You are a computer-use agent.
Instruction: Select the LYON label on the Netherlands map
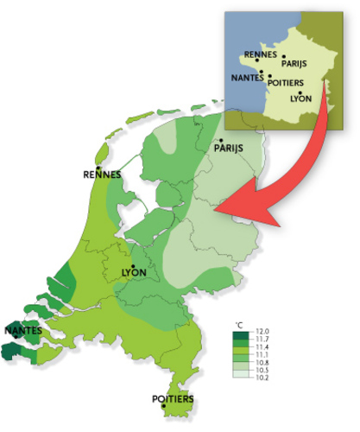tap(135, 274)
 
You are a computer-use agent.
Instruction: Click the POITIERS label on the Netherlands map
tap(173, 400)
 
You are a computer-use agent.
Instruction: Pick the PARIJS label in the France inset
tap(294, 63)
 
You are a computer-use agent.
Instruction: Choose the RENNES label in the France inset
tap(261, 54)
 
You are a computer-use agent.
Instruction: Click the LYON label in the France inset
tap(300, 99)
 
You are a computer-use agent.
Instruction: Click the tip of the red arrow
tap(215, 208)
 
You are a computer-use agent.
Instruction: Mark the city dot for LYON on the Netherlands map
tap(133, 265)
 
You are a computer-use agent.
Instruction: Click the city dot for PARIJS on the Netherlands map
tap(222, 140)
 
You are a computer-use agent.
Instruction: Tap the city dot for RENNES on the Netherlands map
tap(98, 168)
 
